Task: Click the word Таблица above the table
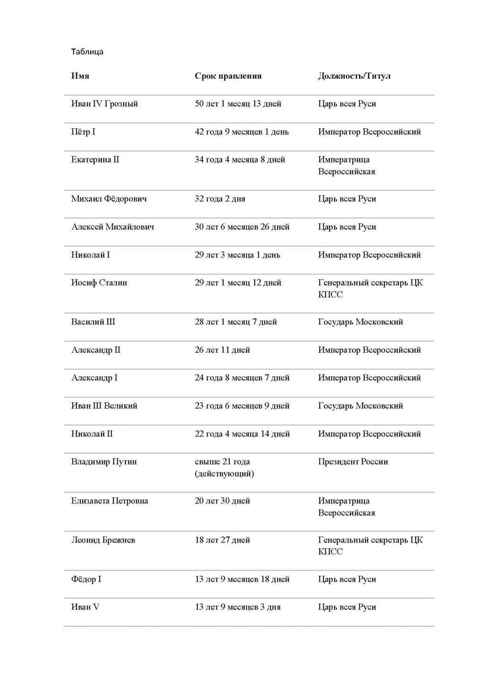click(87, 52)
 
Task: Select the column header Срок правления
click(228, 76)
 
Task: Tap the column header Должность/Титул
click(354, 76)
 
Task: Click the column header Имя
click(80, 76)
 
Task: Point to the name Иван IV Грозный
click(104, 104)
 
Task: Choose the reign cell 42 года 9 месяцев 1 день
click(242, 132)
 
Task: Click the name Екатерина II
click(95, 160)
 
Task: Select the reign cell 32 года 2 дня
click(220, 199)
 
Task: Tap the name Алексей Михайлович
click(112, 227)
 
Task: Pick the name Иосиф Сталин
click(99, 283)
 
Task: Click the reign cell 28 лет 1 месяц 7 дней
click(235, 322)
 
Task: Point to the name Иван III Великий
click(104, 406)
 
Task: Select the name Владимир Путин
click(104, 462)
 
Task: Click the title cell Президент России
click(353, 462)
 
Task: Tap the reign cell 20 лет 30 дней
click(222, 501)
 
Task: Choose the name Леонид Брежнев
click(103, 540)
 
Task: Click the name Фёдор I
click(86, 579)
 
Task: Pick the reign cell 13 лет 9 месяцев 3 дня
click(238, 607)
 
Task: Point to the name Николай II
click(92, 434)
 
